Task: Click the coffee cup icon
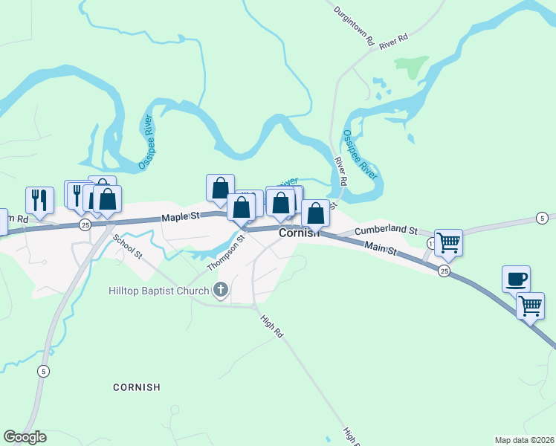[516, 279]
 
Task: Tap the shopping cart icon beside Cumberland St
[448, 242]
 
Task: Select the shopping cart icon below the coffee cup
[530, 305]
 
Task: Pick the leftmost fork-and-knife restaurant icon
[39, 200]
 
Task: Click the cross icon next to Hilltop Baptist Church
[220, 290]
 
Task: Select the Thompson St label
[226, 253]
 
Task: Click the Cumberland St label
[386, 232]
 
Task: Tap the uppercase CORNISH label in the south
[137, 387]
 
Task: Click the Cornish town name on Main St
[300, 233]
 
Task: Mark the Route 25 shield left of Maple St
[85, 224]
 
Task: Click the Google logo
[25, 437]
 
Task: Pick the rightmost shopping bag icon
[315, 213]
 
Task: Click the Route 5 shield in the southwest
[44, 371]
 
